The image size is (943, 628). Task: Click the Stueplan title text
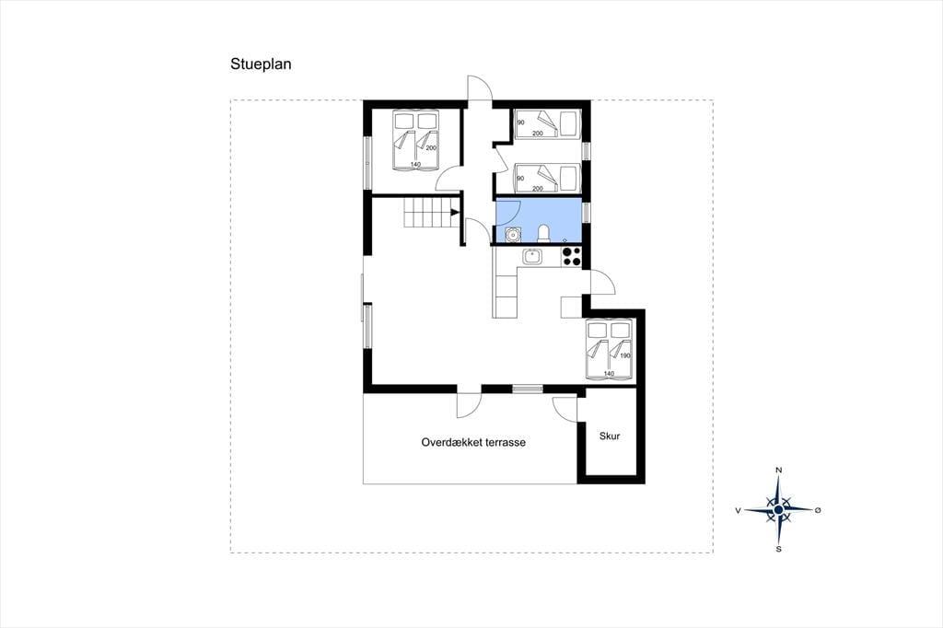(261, 64)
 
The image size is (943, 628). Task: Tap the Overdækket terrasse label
(473, 442)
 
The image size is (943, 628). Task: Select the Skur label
(610, 436)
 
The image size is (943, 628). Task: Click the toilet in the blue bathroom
(543, 233)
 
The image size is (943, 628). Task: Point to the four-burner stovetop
(571, 257)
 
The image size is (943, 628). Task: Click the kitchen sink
(532, 257)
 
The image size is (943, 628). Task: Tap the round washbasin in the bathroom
(512, 234)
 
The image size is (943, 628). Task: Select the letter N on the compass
(779, 470)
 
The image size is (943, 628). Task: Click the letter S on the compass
(779, 549)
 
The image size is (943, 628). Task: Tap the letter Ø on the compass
(818, 510)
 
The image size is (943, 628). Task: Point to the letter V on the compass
(738, 510)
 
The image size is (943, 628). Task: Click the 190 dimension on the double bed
(625, 355)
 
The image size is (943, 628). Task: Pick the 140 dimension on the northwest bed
(415, 164)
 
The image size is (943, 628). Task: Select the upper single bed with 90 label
(547, 124)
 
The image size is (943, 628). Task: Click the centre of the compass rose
(779, 510)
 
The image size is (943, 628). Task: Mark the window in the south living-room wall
(528, 390)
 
